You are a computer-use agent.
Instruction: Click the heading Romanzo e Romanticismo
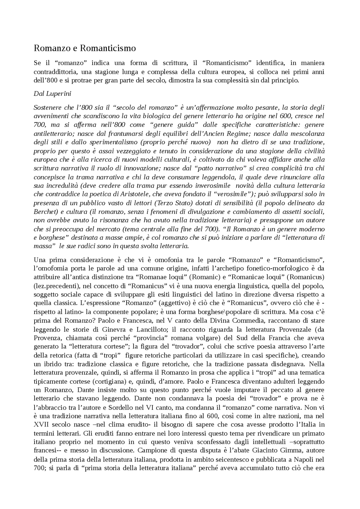[85, 48]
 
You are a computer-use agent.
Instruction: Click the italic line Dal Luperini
[52, 94]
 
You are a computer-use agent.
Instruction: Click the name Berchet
[44, 212]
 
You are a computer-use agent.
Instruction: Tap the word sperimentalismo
[114, 142]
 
